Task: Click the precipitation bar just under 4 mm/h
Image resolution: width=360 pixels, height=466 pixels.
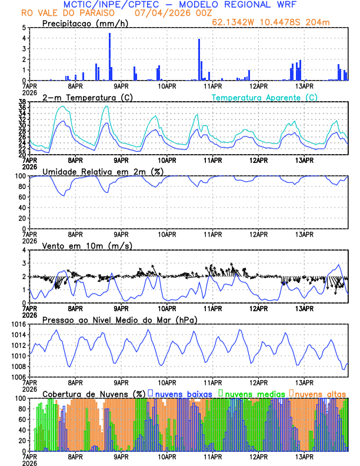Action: [199, 59]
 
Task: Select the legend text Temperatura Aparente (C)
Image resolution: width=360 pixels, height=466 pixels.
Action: [264, 97]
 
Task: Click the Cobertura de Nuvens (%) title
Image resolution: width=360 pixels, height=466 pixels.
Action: [94, 393]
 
